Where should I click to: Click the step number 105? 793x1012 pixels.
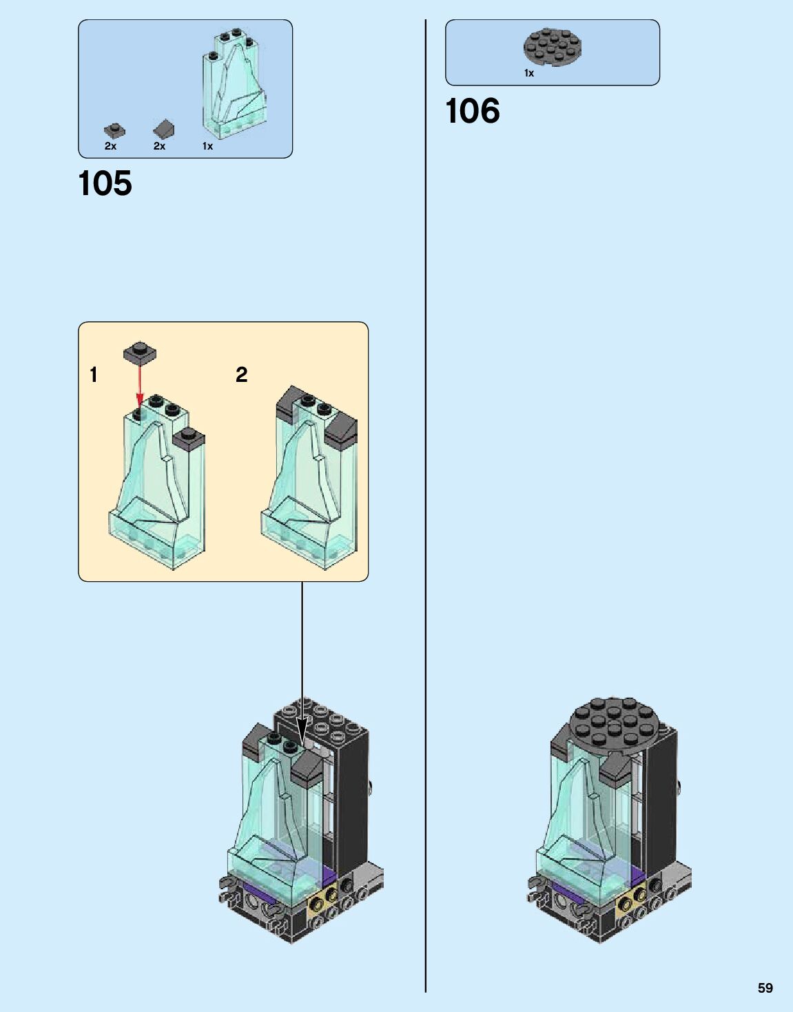[x=105, y=184]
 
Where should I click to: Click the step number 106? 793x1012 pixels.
[x=473, y=112]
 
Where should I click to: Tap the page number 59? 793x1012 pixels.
[x=765, y=988]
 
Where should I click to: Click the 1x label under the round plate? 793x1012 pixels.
[x=528, y=73]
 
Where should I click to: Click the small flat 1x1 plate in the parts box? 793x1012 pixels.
[x=114, y=130]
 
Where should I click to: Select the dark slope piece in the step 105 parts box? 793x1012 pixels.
[x=164, y=129]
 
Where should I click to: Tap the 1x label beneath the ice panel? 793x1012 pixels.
[x=207, y=146]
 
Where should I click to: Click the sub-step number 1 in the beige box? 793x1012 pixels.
[x=94, y=375]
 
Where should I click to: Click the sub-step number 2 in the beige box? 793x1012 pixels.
[x=241, y=374]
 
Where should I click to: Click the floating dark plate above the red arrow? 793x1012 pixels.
[x=140, y=352]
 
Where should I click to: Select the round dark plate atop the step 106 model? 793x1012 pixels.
[x=613, y=727]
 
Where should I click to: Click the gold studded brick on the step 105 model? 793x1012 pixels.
[x=323, y=898]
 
